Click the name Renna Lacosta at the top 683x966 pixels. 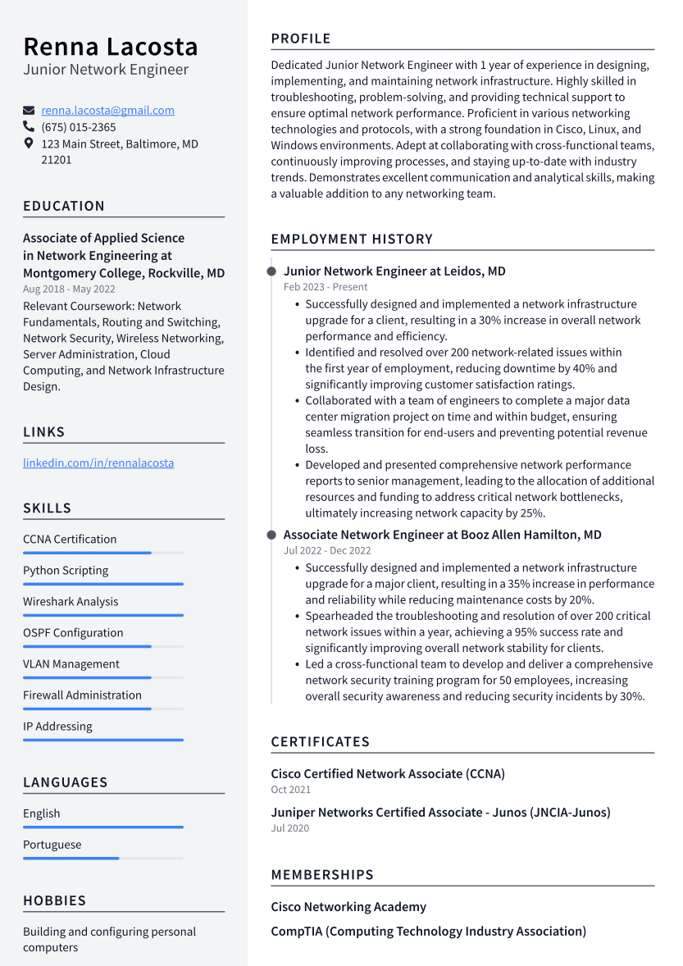tap(111, 46)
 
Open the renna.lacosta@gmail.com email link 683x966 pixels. tap(107, 111)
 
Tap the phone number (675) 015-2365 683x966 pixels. tap(79, 127)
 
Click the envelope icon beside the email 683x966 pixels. tap(29, 111)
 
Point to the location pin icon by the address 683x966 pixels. tap(29, 144)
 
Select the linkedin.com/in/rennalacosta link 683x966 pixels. tap(98, 462)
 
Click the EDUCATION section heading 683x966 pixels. tap(64, 206)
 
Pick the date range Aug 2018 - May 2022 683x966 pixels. tap(69, 289)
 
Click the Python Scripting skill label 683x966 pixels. tap(66, 571)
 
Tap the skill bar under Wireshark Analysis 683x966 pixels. tap(102, 615)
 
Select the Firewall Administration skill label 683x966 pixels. tap(82, 695)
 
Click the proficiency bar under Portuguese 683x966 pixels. tap(71, 858)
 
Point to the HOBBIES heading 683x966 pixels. tap(54, 900)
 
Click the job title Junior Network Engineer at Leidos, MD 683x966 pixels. tap(394, 271)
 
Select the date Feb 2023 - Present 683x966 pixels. tap(326, 287)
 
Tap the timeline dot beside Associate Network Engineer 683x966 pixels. tap(271, 535)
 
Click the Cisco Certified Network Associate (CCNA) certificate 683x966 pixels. tap(388, 774)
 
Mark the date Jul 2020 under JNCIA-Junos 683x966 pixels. tap(290, 828)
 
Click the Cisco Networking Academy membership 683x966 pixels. tap(348, 907)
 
